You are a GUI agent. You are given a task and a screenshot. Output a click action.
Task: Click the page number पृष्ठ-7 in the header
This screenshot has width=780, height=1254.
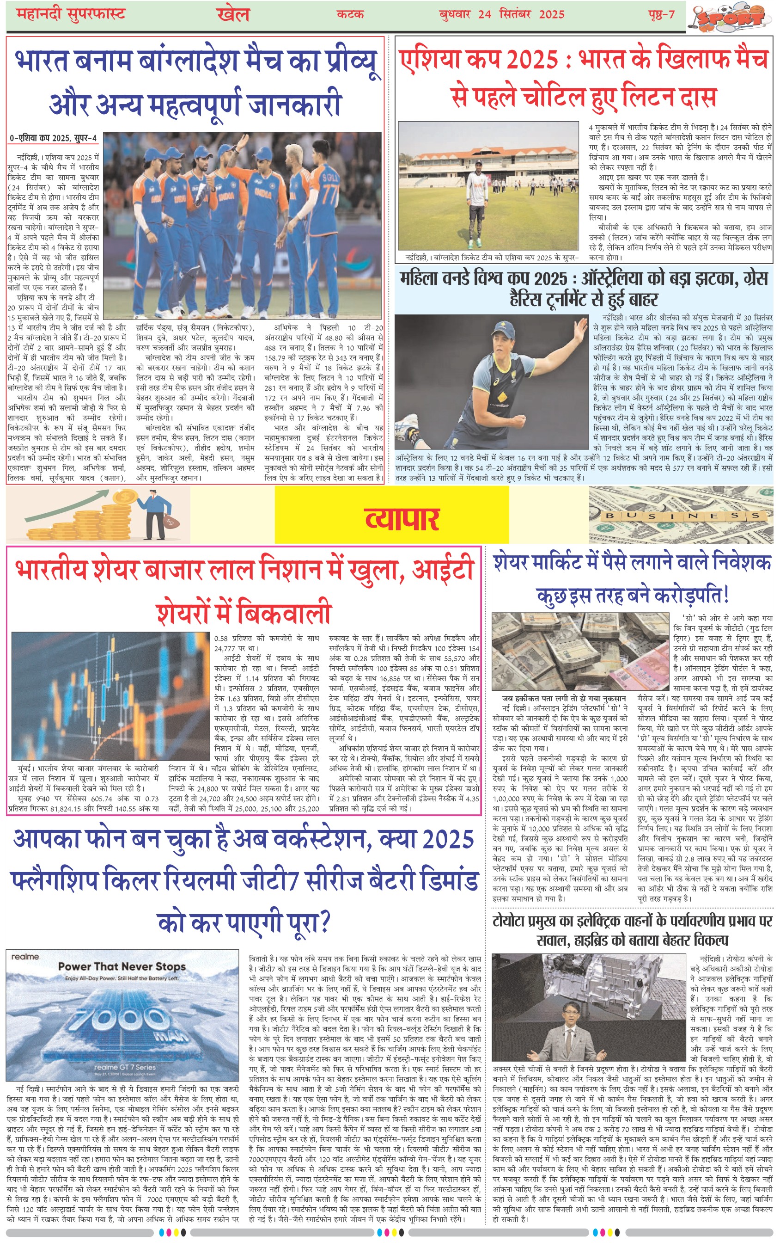click(x=661, y=14)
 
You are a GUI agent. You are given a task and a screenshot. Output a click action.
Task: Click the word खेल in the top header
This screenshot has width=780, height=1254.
click(x=233, y=14)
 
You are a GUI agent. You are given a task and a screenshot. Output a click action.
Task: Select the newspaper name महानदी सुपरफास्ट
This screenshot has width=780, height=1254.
click(x=71, y=14)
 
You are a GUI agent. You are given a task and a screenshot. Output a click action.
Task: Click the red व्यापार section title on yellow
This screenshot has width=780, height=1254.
click(x=402, y=519)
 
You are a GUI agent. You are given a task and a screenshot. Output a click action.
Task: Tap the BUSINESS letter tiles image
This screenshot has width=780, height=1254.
click(x=681, y=515)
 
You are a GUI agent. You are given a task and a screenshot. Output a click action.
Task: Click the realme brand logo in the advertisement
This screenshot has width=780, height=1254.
click(x=25, y=957)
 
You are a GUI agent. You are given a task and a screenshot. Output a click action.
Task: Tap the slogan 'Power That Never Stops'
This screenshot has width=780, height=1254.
click(x=122, y=966)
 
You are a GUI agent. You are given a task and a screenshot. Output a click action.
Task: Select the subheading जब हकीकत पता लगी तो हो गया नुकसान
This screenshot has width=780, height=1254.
click(x=564, y=698)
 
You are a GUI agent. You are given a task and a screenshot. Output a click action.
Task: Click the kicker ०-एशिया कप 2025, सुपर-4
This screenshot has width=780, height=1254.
click(x=53, y=138)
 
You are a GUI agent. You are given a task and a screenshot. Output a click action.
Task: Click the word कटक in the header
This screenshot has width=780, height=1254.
click(x=350, y=14)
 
